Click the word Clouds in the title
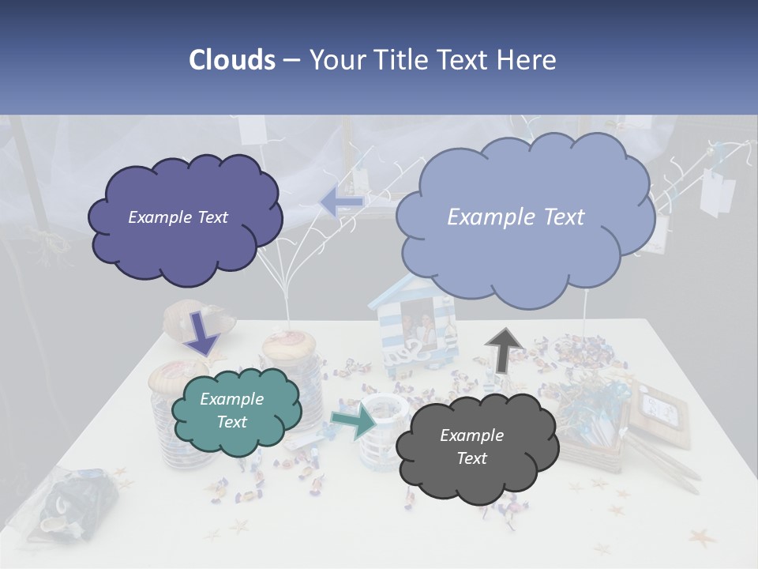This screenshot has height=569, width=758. tap(231, 60)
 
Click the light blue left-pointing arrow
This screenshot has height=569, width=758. tap(343, 202)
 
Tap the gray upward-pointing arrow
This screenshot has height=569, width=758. tap(503, 351)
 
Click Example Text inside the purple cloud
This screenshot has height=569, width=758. tap(178, 217)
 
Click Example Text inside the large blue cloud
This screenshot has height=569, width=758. tap(516, 217)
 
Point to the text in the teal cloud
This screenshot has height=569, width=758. tap(231, 410)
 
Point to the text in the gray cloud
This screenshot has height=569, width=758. tap(471, 447)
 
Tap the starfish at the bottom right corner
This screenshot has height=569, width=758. tap(701, 539)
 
